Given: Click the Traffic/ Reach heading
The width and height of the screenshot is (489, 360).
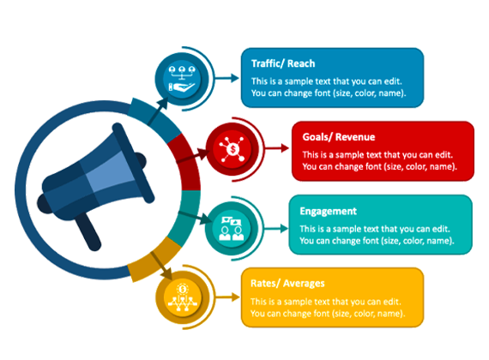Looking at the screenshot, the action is [283, 63].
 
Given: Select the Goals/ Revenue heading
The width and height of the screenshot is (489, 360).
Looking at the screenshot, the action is [339, 137].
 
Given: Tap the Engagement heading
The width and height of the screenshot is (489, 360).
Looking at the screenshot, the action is [328, 212].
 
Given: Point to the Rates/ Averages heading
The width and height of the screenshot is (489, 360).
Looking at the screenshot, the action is [287, 284].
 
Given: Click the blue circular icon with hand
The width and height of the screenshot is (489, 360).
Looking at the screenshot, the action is [182, 79].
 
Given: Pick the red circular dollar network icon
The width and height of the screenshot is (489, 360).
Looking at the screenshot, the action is [232, 149].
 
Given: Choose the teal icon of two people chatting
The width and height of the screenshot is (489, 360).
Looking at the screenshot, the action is [232, 229].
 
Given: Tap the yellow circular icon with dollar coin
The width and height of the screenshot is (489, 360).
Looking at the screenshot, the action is [183, 297].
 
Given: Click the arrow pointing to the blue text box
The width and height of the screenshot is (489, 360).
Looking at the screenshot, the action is [227, 78].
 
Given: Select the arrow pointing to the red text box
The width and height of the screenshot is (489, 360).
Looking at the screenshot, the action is [277, 148].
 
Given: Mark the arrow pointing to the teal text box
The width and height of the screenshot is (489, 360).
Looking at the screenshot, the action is [276, 229].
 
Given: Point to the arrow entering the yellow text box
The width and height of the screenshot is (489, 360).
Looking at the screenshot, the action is [227, 297].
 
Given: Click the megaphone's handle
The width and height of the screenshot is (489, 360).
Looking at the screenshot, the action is [88, 231].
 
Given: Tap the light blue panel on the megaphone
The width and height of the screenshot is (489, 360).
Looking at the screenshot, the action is [110, 171].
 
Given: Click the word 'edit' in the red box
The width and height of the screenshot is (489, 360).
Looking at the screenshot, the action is [444, 155].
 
